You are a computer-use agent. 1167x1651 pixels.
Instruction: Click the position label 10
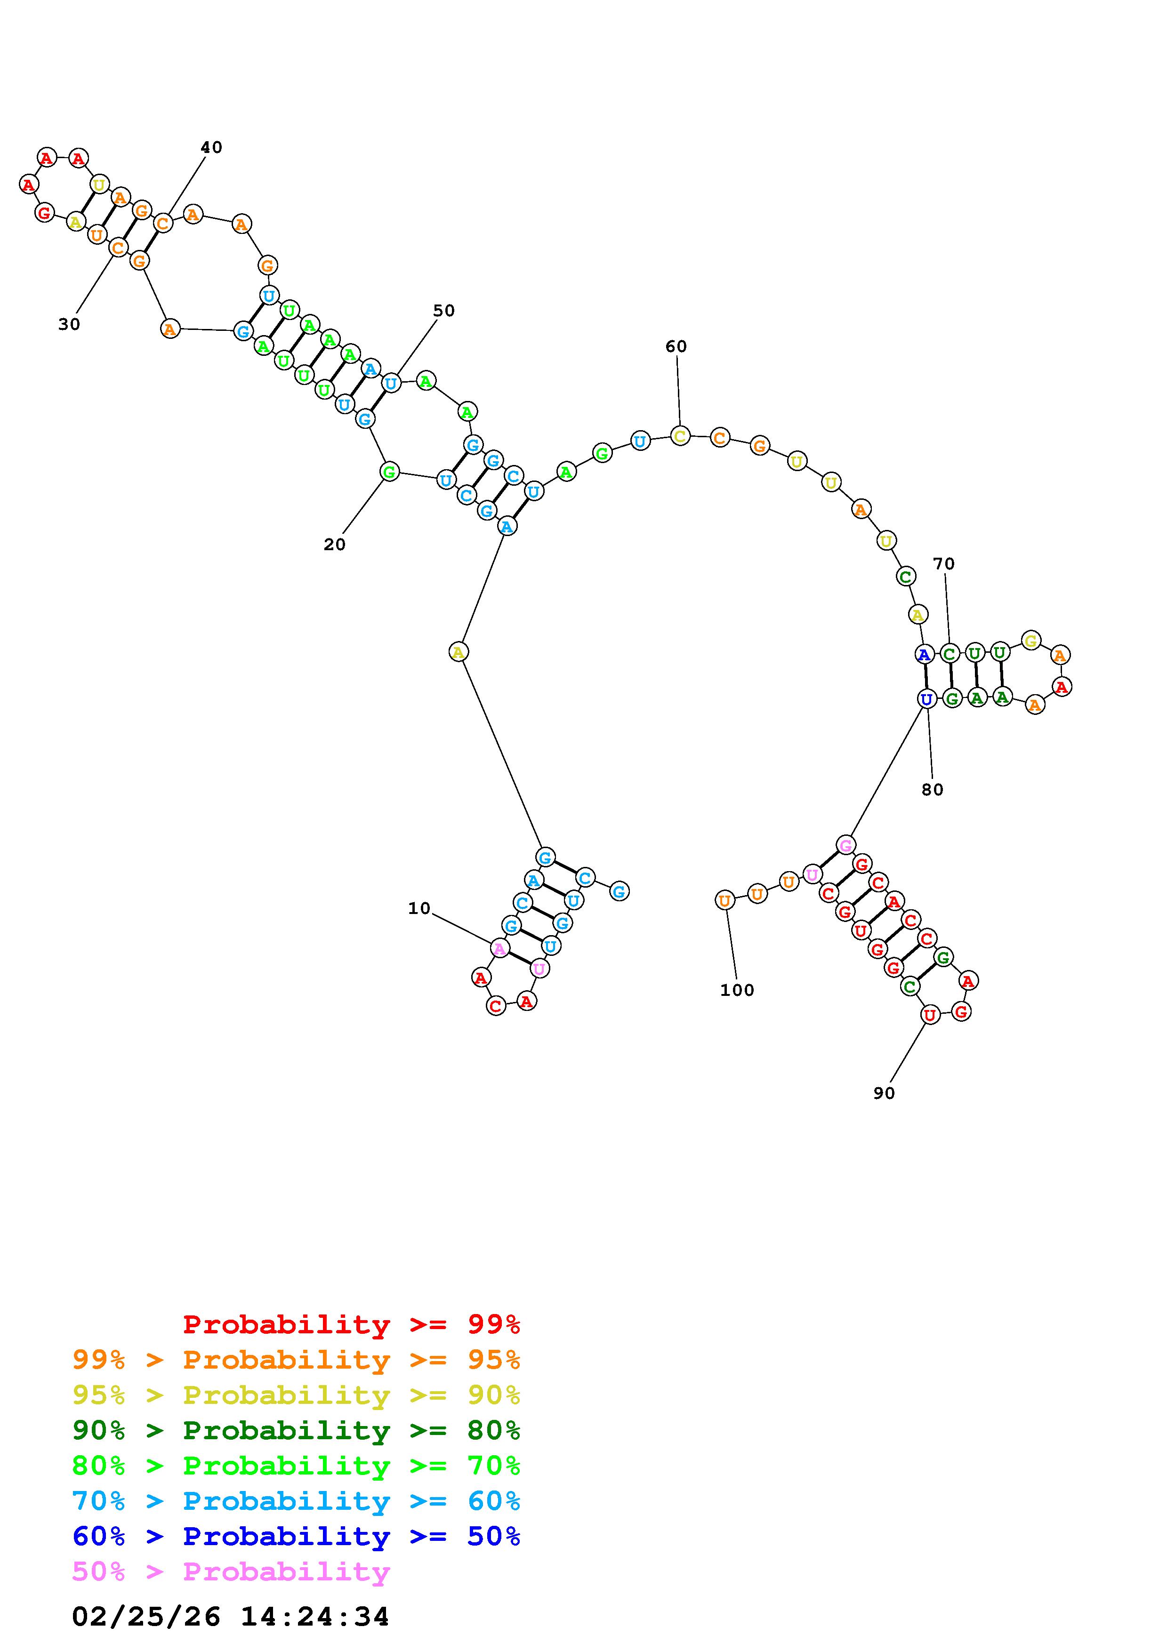[419, 909]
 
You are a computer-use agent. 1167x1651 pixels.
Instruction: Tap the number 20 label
[334, 545]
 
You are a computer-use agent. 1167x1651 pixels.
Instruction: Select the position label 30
[69, 325]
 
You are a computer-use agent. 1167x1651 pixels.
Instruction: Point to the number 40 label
[211, 147]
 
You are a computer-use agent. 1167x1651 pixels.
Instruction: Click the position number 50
[443, 311]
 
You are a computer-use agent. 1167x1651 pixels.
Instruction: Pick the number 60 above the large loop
[676, 346]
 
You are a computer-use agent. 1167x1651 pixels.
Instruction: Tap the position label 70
[944, 564]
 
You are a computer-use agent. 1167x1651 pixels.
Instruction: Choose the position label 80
[932, 790]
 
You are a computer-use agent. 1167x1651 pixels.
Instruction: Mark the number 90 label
[884, 1093]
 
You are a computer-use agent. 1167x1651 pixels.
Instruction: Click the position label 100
[737, 990]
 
